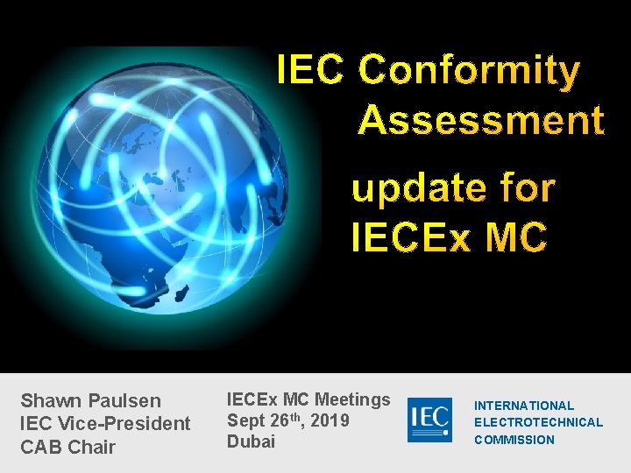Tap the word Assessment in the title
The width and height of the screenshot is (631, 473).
(480, 121)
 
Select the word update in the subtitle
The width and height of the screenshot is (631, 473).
(407, 188)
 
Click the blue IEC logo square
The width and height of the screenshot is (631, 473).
(429, 420)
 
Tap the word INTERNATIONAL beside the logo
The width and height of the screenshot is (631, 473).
(524, 406)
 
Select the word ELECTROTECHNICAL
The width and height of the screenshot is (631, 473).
(538, 422)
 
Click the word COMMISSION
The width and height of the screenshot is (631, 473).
(514, 440)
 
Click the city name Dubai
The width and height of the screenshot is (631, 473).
(251, 441)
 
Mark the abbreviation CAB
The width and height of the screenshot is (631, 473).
(40, 447)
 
